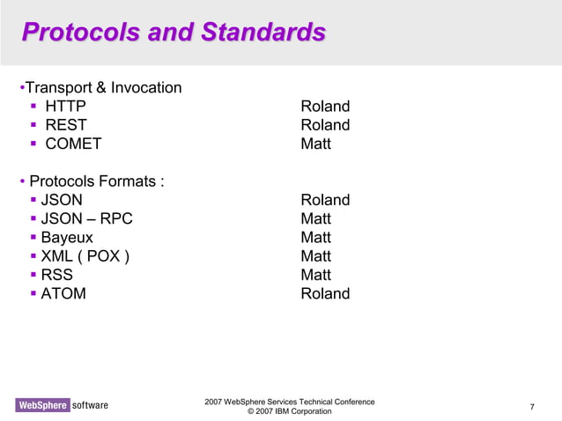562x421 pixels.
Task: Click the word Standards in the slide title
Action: [263, 33]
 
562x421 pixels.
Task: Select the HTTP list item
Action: [66, 107]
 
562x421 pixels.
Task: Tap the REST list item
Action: [66, 125]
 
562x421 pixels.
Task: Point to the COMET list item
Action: [74, 144]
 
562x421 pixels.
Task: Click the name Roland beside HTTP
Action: [325, 107]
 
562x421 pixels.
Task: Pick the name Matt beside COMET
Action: [315, 144]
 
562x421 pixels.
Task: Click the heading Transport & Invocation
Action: [103, 88]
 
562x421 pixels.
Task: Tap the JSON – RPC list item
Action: [87, 218]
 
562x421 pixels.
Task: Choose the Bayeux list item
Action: [67, 237]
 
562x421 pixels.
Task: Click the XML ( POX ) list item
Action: [85, 256]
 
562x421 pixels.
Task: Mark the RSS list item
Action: [57, 275]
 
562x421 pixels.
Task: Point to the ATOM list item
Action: [63, 293]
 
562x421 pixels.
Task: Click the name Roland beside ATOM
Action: [325, 293]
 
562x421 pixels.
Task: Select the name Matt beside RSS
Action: [315, 275]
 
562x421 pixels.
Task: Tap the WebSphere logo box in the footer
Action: [41, 405]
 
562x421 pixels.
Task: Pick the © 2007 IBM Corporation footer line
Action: [290, 411]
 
